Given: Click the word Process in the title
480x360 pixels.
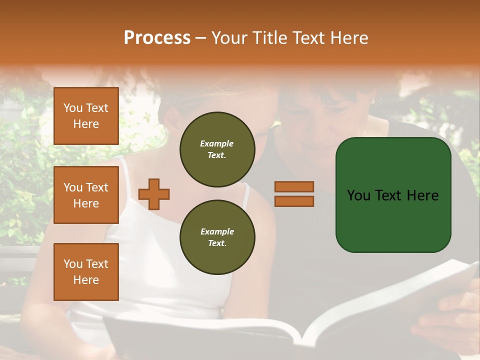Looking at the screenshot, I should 157,37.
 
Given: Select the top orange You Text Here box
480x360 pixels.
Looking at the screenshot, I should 86,116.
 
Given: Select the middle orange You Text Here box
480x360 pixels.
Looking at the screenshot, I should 86,195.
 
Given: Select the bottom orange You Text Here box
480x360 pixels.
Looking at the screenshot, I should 86,271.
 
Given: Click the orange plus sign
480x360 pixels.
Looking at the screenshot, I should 154,194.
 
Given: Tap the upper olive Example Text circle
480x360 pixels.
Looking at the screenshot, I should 217,149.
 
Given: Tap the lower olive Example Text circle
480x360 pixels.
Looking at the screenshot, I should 217,237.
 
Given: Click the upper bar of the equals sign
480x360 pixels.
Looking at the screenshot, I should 294,187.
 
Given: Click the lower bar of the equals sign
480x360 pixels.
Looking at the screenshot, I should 294,201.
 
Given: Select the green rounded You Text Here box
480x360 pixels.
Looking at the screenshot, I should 393,195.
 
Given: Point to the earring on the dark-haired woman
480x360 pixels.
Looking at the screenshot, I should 371,101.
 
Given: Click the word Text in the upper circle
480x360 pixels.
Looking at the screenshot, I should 217,155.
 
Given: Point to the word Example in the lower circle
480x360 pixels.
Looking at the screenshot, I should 217,231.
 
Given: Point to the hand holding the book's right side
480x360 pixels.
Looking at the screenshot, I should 452,310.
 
